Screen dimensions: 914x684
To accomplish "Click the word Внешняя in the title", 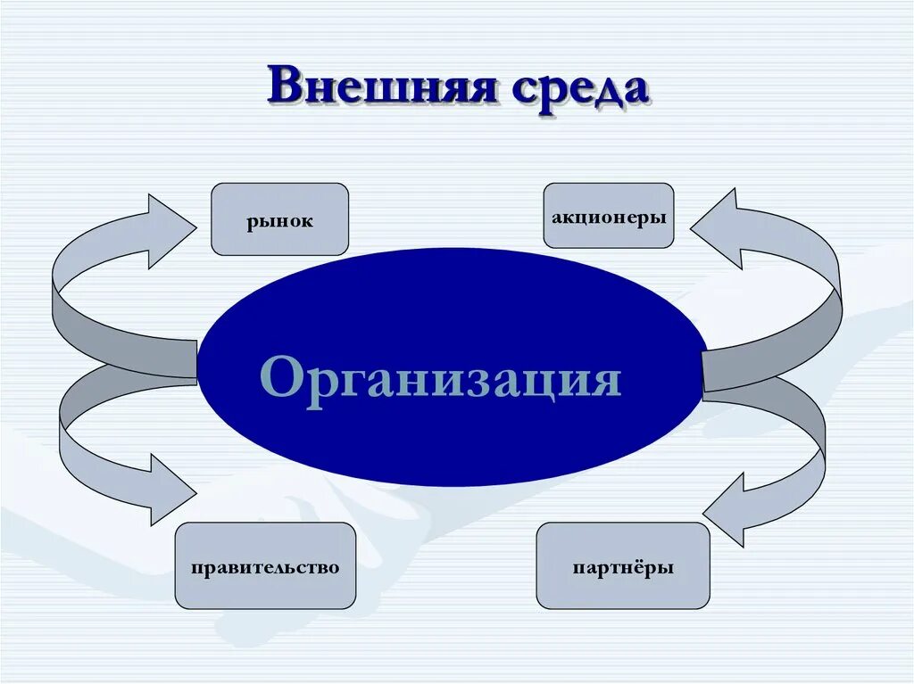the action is click(x=380, y=87).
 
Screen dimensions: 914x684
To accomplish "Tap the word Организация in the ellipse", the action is click(x=441, y=379).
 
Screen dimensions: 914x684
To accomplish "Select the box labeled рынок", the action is click(x=279, y=219).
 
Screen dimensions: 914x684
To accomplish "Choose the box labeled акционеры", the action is click(x=609, y=216).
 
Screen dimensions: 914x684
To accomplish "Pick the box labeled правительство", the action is click(x=265, y=565).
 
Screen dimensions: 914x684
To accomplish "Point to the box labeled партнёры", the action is click(x=623, y=565).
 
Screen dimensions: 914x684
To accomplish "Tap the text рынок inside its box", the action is click(x=280, y=221).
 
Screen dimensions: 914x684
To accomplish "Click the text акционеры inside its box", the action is click(x=609, y=217).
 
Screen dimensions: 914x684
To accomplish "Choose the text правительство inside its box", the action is click(x=265, y=567).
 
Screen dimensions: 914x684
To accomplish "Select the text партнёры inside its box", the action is click(x=623, y=567).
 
